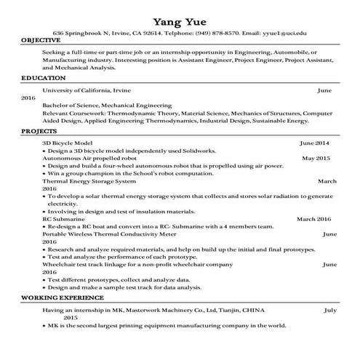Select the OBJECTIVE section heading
[x=41, y=40]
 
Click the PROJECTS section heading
[x=39, y=132]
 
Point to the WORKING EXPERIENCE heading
[x=63, y=298]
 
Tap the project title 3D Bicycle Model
[x=68, y=143]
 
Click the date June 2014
[x=314, y=143]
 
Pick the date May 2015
[x=316, y=158]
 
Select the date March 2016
[x=313, y=218]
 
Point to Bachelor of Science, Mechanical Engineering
[x=107, y=105]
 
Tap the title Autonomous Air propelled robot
[x=90, y=158]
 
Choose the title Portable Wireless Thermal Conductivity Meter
[x=109, y=233]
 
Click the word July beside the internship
[x=329, y=310]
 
